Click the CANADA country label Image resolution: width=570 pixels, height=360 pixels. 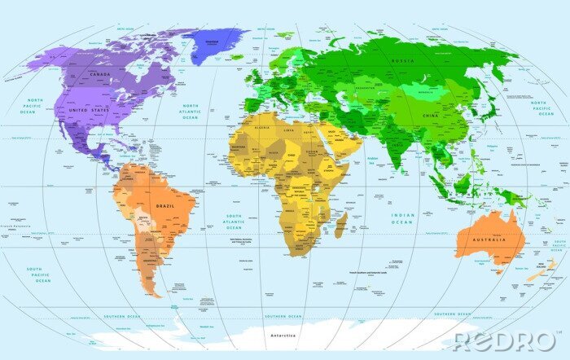100,75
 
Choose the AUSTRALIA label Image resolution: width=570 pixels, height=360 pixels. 490,239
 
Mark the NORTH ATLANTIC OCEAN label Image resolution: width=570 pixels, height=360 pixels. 190,112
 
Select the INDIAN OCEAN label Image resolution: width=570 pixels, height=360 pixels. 402,218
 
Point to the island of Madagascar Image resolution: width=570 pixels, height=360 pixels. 341,225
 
